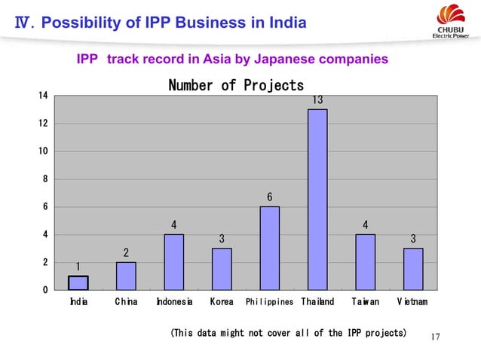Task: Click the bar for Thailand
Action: click(x=317, y=200)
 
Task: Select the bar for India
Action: click(x=78, y=283)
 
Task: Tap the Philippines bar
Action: click(x=269, y=248)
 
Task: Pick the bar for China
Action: click(x=126, y=276)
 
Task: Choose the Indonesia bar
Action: click(x=174, y=262)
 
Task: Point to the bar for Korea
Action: click(x=222, y=269)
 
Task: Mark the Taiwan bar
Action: click(x=365, y=262)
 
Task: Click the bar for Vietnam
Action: click(x=412, y=269)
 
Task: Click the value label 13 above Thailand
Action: click(x=317, y=100)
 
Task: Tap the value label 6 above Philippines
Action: click(x=270, y=197)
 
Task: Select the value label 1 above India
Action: click(x=78, y=266)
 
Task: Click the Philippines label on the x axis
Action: click(x=269, y=302)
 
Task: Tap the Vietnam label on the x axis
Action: click(x=412, y=302)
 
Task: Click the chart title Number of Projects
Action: click(x=236, y=85)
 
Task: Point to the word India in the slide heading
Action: click(x=289, y=23)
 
